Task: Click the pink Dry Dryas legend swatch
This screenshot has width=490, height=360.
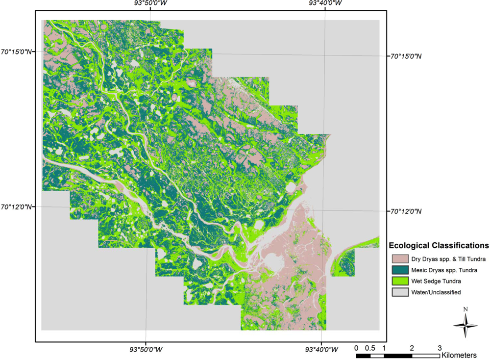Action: (400, 258)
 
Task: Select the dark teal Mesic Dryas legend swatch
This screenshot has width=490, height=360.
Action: (400, 270)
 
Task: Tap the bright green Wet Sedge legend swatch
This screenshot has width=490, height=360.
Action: (400, 281)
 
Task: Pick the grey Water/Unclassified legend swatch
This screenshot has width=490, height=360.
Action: (400, 292)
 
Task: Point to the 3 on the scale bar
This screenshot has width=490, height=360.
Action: (440, 348)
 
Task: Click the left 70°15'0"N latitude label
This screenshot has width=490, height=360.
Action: (16, 51)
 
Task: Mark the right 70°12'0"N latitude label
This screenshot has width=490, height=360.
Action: (405, 211)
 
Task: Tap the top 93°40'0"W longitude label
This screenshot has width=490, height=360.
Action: (325, 3)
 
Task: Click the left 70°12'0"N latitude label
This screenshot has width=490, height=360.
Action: (16, 206)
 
